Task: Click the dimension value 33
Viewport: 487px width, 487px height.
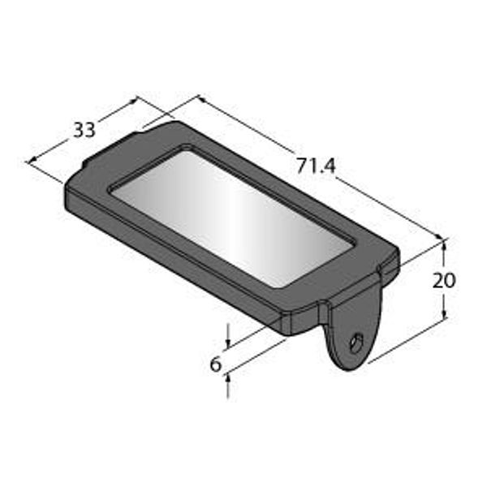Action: coord(84,130)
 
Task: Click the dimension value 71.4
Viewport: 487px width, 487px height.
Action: coord(317,166)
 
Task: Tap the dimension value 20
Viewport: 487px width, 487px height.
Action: coord(444,280)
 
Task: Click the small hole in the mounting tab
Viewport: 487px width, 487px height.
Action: coord(356,343)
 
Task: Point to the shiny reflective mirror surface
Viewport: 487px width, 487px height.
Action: coord(231,218)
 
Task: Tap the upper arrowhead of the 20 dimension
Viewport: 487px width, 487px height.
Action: coord(444,244)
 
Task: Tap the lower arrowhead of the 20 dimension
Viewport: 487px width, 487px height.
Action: coord(445,313)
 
